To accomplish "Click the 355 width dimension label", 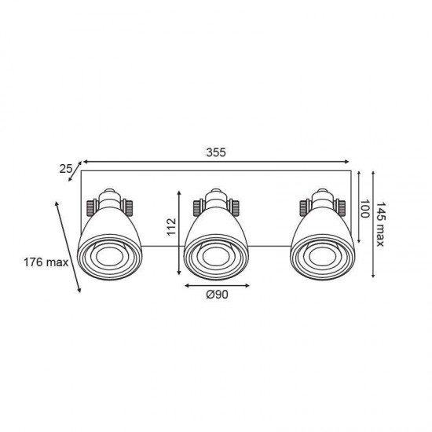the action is tap(216, 152).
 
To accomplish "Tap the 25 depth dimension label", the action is tap(65, 169).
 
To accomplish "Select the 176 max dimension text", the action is tap(46, 262).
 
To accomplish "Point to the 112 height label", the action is tap(171, 227).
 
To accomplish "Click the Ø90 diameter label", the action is tap(217, 295).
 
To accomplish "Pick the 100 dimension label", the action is tap(364, 209).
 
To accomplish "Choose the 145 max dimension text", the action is tap(380, 225).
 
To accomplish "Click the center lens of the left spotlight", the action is tap(109, 257).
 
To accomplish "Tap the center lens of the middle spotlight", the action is tap(216, 257).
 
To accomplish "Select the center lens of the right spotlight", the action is tap(322, 257).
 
